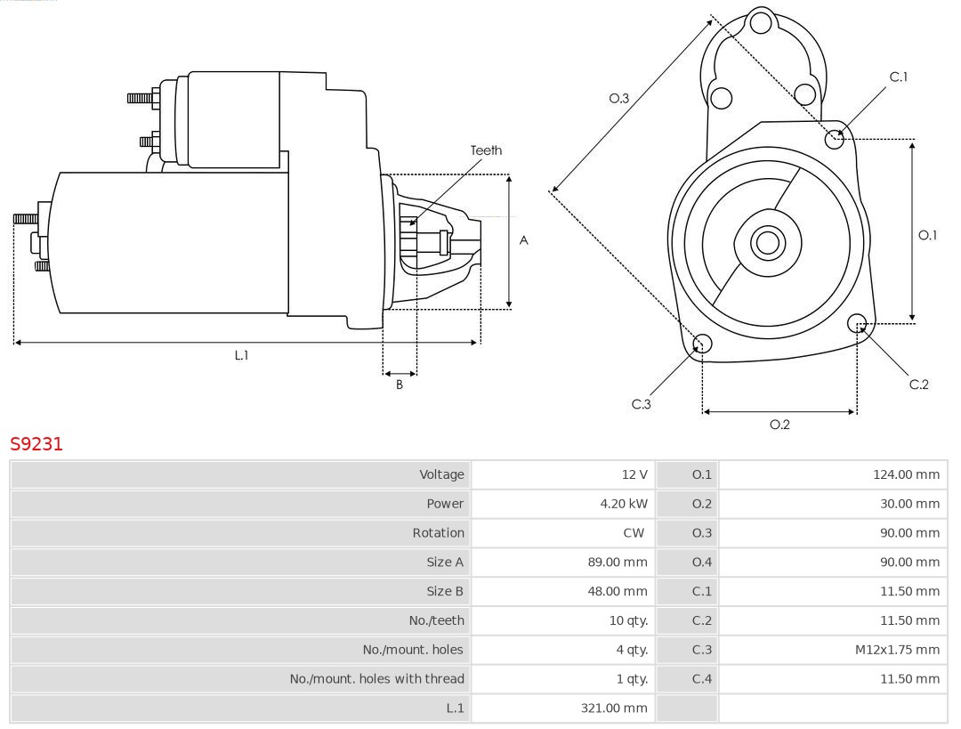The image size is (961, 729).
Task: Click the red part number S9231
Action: coord(36,444)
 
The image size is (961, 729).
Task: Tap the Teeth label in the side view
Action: coord(486,150)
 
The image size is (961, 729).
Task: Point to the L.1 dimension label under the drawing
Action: coord(241,355)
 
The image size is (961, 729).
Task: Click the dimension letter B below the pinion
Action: coord(400,385)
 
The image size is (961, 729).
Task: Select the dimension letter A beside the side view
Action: coord(524,240)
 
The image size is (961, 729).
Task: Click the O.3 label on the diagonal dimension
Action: coord(619,99)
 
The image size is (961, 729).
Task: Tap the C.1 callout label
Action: coord(899,77)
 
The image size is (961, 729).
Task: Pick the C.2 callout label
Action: coord(918,385)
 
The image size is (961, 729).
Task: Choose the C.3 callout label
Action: coord(642,404)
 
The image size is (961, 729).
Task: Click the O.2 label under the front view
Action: coord(779,425)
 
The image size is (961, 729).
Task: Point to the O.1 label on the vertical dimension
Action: coord(927,235)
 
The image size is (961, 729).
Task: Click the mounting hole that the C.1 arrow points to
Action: coord(835,138)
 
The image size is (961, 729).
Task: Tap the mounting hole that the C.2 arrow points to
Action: coord(857,322)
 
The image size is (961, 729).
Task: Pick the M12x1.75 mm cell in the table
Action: coord(897,650)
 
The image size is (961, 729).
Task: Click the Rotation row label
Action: coord(438,533)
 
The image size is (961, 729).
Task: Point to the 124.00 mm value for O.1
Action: coord(906,474)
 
